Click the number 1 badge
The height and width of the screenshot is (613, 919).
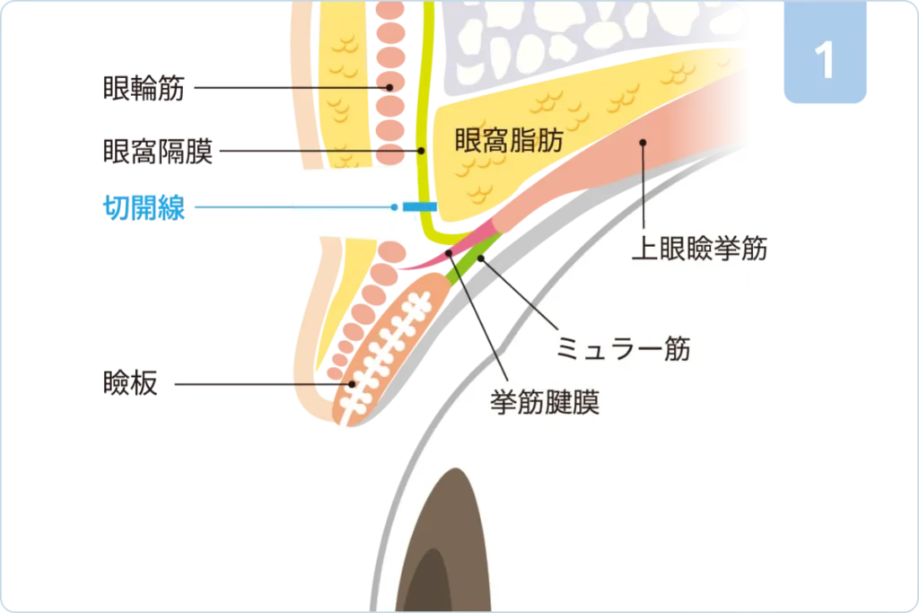[825, 56]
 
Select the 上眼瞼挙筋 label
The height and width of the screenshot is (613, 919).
[699, 249]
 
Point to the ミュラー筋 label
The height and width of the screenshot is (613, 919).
[623, 347]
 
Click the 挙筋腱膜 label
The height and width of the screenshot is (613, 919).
[545, 400]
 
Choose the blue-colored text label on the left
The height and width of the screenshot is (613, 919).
[144, 207]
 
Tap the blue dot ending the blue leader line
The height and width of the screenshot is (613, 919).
[394, 207]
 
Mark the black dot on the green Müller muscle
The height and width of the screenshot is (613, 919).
[482, 258]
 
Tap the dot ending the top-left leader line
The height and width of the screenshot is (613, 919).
[389, 88]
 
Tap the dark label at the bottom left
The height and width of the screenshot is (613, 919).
[131, 385]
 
